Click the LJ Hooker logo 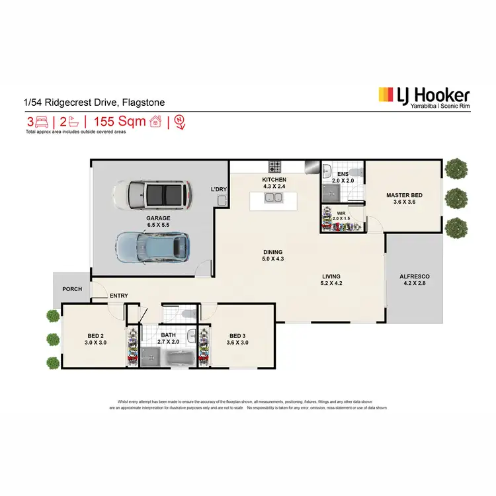(x=423, y=98)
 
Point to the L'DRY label (x=219, y=190)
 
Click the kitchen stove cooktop (x=275, y=165)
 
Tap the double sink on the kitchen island (x=272, y=196)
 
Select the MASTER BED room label (x=404, y=198)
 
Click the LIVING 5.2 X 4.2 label (x=331, y=280)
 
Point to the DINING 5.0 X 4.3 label (x=272, y=255)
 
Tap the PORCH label (x=71, y=289)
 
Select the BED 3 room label (x=237, y=339)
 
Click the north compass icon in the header (x=177, y=122)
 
